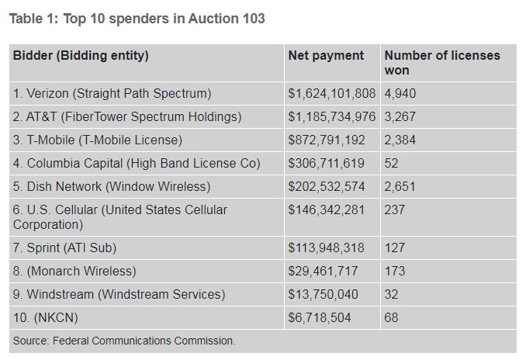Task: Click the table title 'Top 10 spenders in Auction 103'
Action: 137,19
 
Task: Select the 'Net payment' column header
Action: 326,56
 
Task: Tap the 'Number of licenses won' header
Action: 442,63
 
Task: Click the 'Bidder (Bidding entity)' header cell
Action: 81,56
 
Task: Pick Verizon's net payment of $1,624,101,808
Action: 331,94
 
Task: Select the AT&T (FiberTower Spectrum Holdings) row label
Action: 127,117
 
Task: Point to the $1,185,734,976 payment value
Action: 331,117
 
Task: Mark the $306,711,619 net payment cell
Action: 326,164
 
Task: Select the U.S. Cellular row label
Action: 120,217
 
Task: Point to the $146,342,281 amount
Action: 326,210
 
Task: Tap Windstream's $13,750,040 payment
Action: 323,295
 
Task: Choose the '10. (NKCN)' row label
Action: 46,318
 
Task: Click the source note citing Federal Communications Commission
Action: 124,341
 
